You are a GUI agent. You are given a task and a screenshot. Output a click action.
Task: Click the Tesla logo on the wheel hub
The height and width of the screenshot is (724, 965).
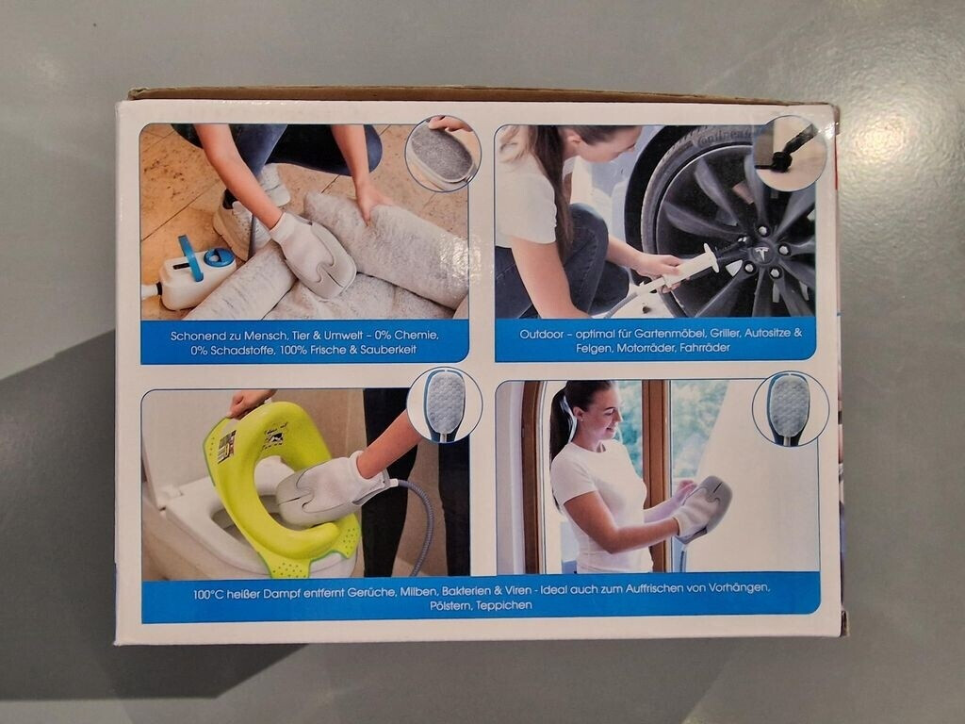tap(761, 253)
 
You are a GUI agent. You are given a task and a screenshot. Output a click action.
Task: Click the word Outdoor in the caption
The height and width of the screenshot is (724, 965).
tap(542, 334)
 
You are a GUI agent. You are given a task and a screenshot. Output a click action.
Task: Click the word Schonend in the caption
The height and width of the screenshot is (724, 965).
tap(197, 337)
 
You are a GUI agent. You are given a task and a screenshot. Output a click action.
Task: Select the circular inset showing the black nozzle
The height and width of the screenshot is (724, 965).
tap(790, 154)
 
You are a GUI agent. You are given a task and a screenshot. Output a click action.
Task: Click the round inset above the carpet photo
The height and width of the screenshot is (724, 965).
tap(443, 154)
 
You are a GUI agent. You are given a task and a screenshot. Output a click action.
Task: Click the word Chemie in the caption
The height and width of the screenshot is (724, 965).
tap(416, 336)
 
